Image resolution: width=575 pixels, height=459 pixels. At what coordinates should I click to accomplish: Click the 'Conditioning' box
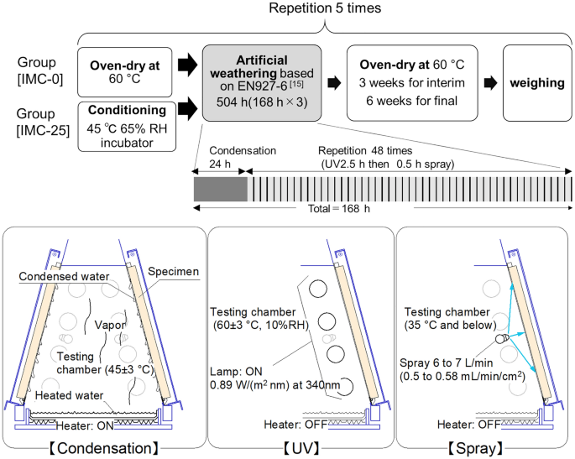128,127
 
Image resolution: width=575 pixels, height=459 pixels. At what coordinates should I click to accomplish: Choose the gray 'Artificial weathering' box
263,82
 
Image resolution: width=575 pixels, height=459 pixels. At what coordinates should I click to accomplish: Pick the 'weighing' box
537,84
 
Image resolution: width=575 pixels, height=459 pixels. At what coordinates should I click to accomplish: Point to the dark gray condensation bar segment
220,187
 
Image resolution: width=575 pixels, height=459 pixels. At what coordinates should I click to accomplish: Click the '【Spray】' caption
485,448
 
